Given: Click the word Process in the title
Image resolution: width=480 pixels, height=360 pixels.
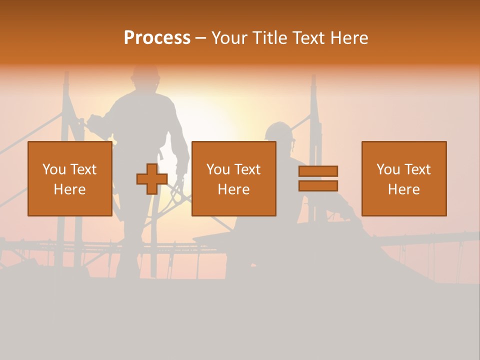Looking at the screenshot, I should point(157,38).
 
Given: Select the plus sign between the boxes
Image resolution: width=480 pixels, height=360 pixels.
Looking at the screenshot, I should point(152,179).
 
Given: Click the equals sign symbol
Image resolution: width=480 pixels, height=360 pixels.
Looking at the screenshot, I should point(318,178).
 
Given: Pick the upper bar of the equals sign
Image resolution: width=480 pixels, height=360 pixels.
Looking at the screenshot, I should point(318,171).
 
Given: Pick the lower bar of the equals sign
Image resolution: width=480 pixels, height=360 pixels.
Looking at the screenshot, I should point(318,186).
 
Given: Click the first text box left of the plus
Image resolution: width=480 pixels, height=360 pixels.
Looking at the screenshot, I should point(69,178).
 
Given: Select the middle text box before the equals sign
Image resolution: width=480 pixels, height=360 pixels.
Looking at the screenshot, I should point(233,178).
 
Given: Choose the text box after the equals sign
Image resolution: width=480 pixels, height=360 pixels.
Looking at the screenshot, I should point(403,178).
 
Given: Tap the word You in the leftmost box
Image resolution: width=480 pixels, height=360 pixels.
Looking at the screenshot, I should point(53,169).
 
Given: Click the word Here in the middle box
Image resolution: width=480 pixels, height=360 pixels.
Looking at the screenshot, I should point(233,189).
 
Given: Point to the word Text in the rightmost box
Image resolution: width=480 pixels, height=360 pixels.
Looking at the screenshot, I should point(417,169).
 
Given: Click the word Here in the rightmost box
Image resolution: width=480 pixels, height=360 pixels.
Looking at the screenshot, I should point(403,189).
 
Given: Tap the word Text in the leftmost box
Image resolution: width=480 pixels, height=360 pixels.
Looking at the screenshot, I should point(83,169).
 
